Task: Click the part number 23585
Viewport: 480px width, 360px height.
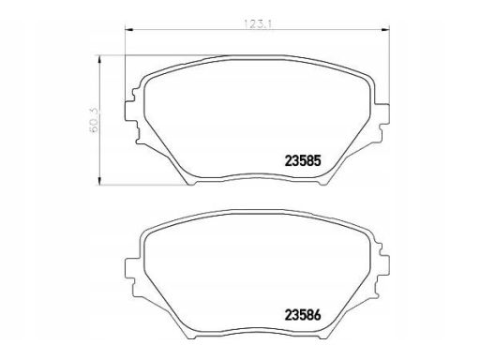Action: tap(303, 161)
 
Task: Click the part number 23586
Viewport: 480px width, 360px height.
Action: tap(303, 315)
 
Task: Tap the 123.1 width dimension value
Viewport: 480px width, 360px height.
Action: tap(257, 24)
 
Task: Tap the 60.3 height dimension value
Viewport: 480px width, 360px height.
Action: tap(95, 120)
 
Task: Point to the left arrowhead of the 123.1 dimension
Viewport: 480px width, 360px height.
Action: tap(129, 30)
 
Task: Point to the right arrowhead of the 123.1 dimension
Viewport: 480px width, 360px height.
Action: tap(385, 30)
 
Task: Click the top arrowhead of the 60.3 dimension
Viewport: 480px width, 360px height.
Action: tap(99, 60)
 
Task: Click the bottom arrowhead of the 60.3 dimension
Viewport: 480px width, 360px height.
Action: tap(99, 180)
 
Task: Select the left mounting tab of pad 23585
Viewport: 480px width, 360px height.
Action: tap(130, 111)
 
